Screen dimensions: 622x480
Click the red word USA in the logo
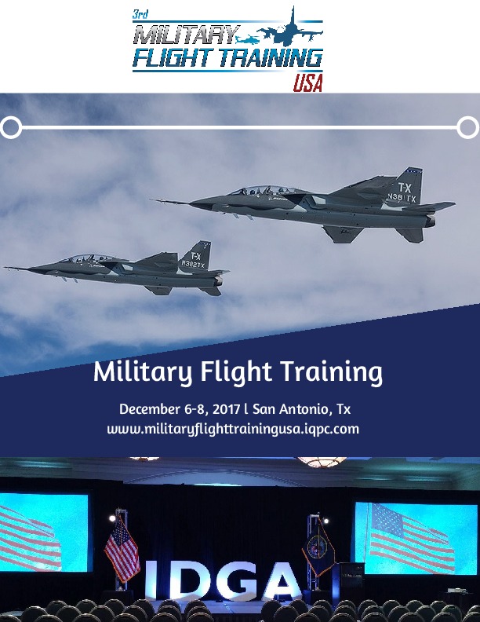click(307, 83)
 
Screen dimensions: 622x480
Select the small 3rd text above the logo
click(141, 13)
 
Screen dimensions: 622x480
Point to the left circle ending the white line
click(11, 126)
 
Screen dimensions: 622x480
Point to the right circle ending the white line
click(467, 126)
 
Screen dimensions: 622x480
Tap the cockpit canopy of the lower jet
click(85, 258)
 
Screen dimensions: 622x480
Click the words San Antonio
click(292, 410)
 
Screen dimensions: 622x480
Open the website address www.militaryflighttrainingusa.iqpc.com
click(233, 430)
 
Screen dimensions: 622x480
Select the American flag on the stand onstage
click(122, 548)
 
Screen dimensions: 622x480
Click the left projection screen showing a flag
click(43, 532)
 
